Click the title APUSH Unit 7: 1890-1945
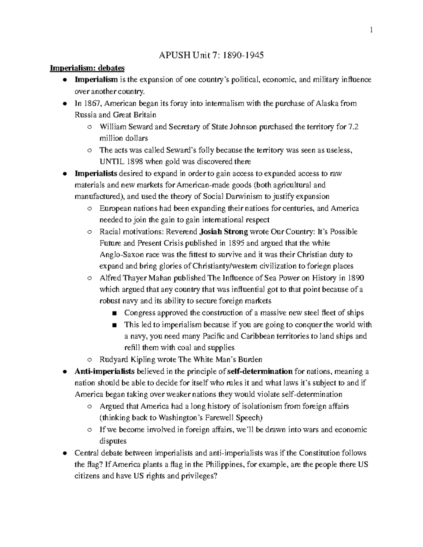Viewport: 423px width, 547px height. click(211, 55)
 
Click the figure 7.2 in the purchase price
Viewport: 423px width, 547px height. click(354, 127)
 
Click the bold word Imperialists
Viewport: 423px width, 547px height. click(96, 173)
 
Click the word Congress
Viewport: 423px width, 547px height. click(140, 313)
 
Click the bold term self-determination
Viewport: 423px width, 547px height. click(260, 372)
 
